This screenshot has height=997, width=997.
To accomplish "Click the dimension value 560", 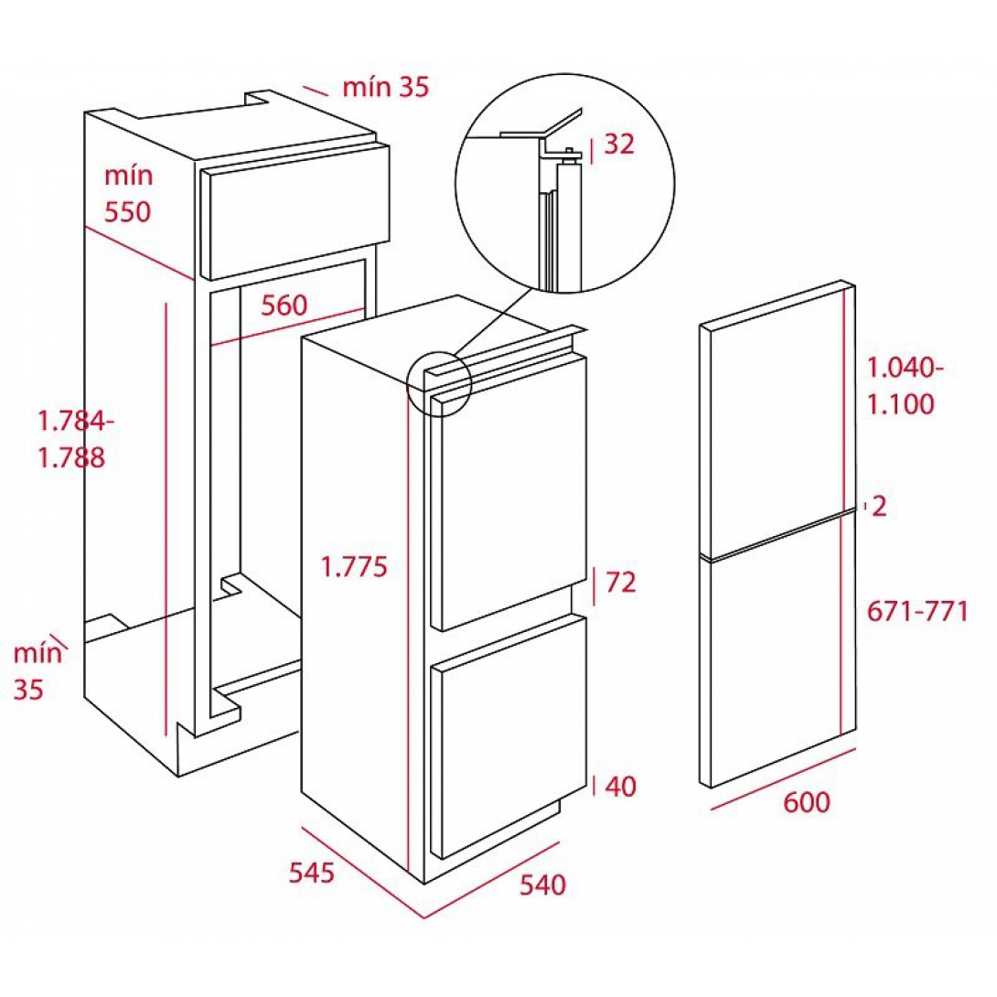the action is [x=284, y=306].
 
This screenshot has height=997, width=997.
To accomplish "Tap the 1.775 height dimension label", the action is [x=354, y=566].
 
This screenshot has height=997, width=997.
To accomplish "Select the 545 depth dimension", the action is [x=312, y=873].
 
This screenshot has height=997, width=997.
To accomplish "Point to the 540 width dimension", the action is [x=542, y=884].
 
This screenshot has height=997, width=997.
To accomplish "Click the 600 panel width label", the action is [x=806, y=802].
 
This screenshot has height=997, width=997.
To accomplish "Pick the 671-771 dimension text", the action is [x=917, y=612].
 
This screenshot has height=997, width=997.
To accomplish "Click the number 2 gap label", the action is [x=879, y=507].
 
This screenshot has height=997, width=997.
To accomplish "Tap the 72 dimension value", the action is [x=620, y=582].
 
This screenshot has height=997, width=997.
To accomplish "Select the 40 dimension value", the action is [x=620, y=787].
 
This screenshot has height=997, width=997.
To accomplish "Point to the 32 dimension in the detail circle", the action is [x=619, y=145].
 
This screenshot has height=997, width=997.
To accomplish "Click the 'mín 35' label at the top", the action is [x=386, y=87].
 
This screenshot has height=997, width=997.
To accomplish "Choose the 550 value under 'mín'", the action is [x=128, y=211].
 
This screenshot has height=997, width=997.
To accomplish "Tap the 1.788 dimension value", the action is [x=72, y=458].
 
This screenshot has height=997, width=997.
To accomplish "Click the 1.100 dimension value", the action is [x=901, y=404].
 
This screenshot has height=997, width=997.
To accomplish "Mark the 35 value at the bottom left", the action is [x=28, y=690].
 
